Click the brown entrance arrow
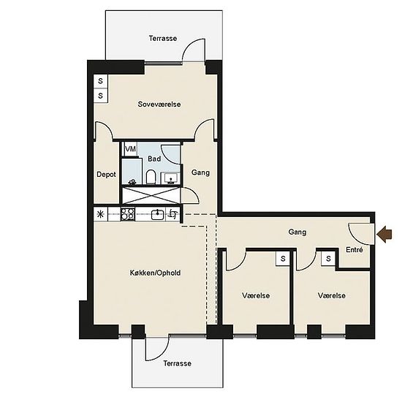click(x=384, y=234)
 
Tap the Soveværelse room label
click(x=159, y=105)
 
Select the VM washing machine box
click(x=130, y=149)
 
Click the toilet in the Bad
click(x=151, y=177)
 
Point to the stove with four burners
click(x=128, y=214)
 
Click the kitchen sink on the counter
click(x=157, y=214)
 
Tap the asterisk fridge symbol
click(x=101, y=214)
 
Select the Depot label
click(x=106, y=175)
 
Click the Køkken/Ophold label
click(x=156, y=273)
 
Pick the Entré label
click(x=354, y=249)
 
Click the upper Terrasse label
click(x=163, y=39)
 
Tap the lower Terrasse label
click(x=177, y=363)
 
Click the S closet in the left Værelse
click(x=283, y=259)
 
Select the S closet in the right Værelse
click(x=328, y=259)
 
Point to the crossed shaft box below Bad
click(x=151, y=196)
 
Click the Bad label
click(x=154, y=159)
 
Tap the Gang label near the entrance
click(x=297, y=232)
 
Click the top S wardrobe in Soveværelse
click(x=101, y=81)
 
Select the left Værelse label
click(x=256, y=295)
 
